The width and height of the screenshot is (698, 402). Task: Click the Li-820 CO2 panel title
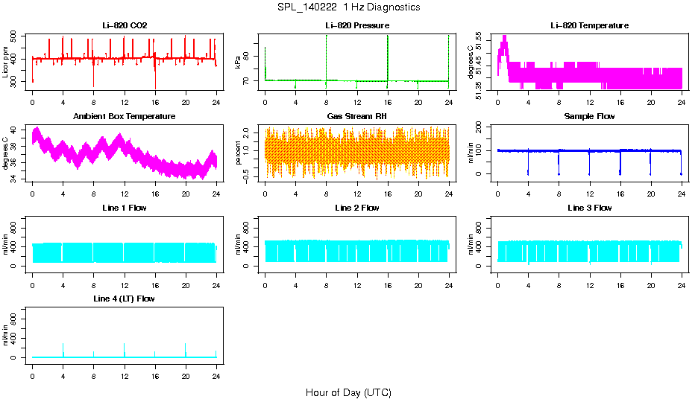[125, 26]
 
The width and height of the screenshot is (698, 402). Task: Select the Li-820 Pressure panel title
[357, 26]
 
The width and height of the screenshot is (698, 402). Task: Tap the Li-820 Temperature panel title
[589, 26]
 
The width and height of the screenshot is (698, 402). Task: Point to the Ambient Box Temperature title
[125, 117]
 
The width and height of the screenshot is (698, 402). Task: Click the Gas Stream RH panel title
[357, 117]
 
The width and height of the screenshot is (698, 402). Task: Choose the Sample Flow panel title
[589, 117]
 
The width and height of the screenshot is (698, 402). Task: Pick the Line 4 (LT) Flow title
[125, 299]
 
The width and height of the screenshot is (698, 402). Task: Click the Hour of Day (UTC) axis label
[348, 392]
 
